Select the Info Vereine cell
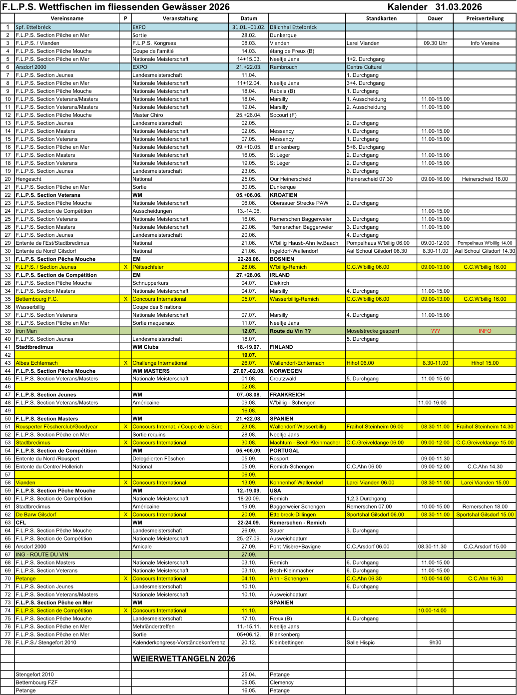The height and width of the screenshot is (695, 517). pos(485,43)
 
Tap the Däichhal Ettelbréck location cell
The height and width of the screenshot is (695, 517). pos(293,27)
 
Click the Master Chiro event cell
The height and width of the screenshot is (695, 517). pos(148,115)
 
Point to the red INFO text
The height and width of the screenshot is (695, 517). pos(485,331)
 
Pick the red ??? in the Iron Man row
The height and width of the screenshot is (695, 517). pos(435,331)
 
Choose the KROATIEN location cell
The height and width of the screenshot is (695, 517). pos(283,195)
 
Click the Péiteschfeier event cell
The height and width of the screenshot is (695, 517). pos(148,267)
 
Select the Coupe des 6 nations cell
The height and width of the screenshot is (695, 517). pos(157,307)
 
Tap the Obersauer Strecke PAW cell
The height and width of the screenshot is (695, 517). pos(299,203)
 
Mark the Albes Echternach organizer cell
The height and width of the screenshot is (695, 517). pos(36,363)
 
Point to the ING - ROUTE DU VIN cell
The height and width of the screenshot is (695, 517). pos(42,555)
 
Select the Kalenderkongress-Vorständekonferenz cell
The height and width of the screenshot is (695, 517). pos(179,643)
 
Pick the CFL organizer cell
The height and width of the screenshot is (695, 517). pos(21,523)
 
